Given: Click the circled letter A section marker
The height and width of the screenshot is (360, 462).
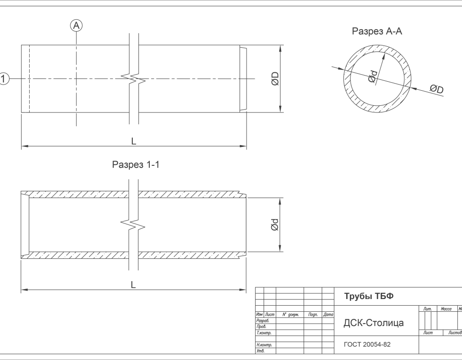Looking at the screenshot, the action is (77, 26).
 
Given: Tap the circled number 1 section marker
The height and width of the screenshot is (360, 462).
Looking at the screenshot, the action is (3, 78).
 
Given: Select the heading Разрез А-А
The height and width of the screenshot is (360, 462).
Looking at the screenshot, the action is (377, 31).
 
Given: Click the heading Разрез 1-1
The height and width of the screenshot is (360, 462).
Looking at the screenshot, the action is (136, 164).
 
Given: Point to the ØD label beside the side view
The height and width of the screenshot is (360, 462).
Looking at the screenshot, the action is (274, 78).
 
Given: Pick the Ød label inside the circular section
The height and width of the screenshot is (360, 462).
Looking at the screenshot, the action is (372, 77).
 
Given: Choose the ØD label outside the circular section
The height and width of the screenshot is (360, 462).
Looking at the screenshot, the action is (436, 89).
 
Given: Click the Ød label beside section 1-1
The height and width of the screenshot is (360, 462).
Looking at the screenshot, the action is (274, 225).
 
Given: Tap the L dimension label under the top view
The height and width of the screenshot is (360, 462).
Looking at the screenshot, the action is (134, 141).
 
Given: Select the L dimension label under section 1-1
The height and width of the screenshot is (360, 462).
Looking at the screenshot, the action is (133, 285).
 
